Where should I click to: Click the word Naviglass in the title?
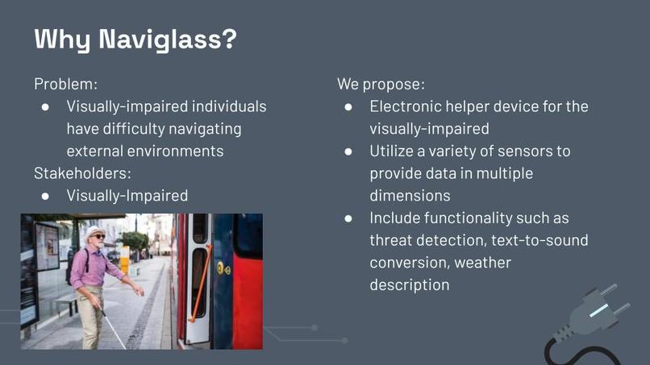[168, 39]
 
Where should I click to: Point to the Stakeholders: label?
[82, 172]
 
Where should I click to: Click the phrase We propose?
[381, 84]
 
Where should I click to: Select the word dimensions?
[410, 195]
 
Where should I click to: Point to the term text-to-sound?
[537, 240]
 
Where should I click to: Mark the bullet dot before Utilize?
[348, 151]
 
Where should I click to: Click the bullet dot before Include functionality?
[348, 218]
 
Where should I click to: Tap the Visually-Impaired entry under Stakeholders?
[127, 195]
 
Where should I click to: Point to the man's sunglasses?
[97, 236]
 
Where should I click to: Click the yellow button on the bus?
[220, 267]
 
